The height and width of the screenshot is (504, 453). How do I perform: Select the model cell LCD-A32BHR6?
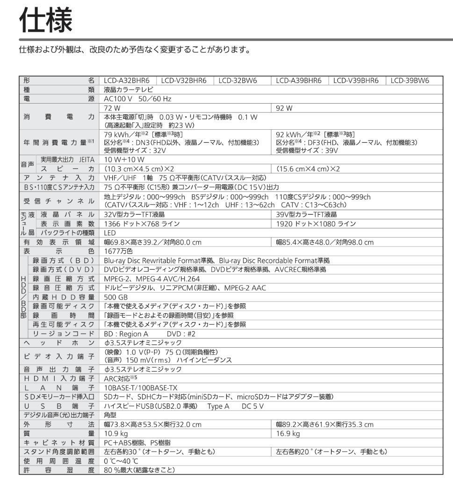(127, 81)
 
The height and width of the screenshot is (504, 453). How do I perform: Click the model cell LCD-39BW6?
(409, 81)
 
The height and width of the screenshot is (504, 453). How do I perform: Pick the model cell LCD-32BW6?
(238, 81)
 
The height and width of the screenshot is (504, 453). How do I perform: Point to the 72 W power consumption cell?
(111, 107)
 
